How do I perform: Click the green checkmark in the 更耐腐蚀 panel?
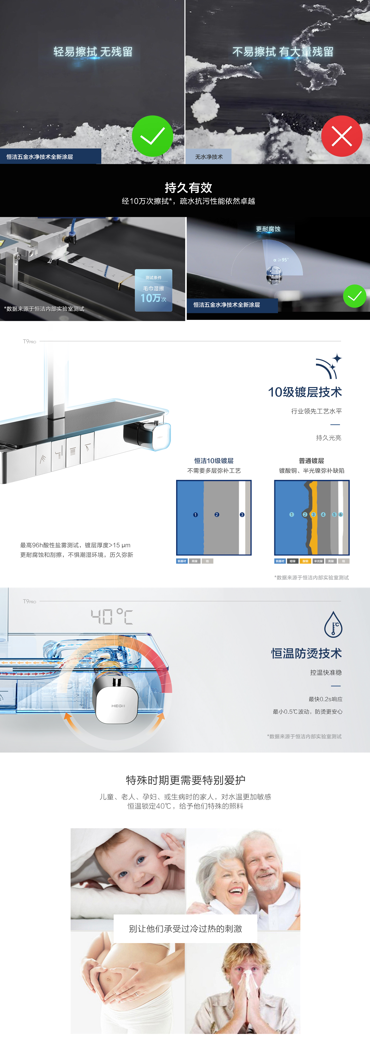tap(355, 296)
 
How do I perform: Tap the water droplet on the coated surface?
tap(274, 275)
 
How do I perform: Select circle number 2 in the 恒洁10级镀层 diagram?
tap(217, 515)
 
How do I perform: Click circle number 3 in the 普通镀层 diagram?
tap(313, 515)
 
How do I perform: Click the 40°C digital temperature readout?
tap(112, 617)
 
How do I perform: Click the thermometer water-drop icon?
tap(333, 625)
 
